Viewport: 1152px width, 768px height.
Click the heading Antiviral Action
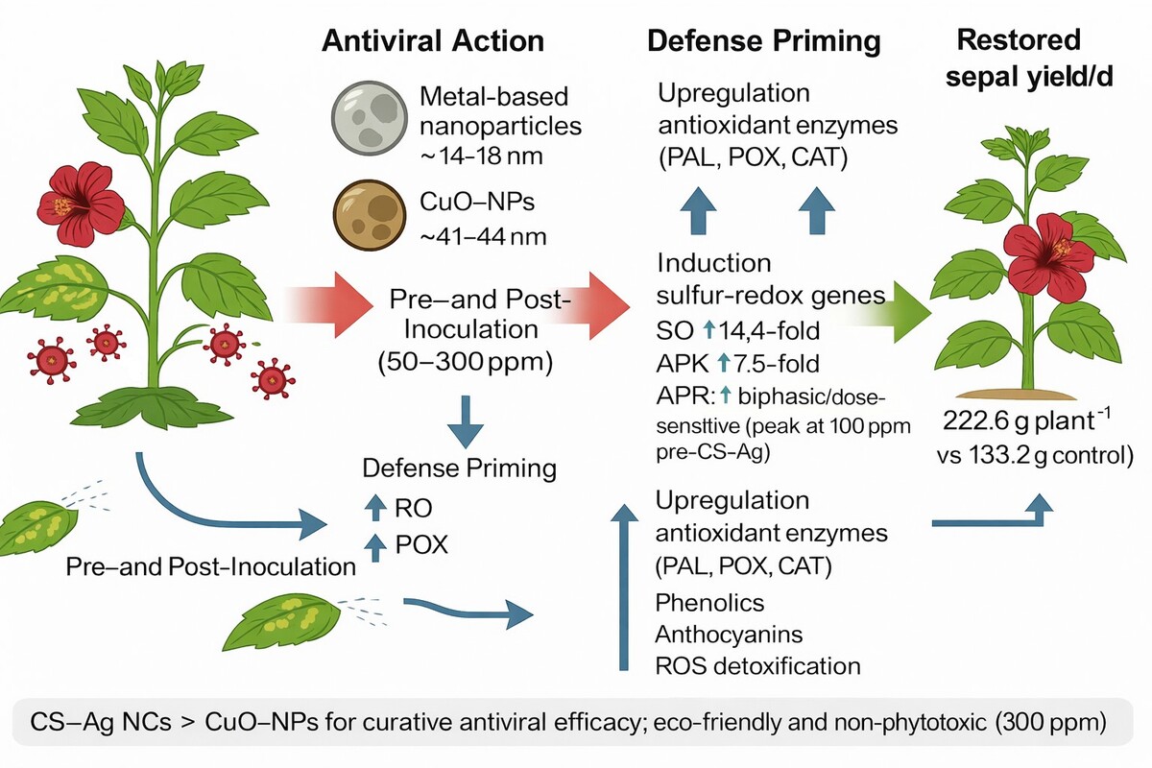click(x=433, y=41)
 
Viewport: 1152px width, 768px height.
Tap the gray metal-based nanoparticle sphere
click(x=370, y=118)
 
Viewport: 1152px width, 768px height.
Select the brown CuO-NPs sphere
click(x=370, y=215)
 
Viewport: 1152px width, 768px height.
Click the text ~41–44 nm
click(x=483, y=237)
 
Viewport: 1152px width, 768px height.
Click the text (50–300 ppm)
click(x=465, y=362)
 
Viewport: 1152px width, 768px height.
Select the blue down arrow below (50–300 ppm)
click(x=465, y=421)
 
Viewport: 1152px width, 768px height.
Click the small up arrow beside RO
click(x=375, y=508)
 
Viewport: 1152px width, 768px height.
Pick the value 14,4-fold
click(x=769, y=331)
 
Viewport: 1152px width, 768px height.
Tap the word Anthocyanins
click(x=729, y=635)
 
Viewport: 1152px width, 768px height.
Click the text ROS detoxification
click(x=757, y=666)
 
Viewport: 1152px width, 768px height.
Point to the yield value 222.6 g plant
click(x=1020, y=420)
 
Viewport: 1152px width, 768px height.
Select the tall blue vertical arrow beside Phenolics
click(x=624, y=587)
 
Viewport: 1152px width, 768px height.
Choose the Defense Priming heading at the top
click(x=764, y=41)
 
